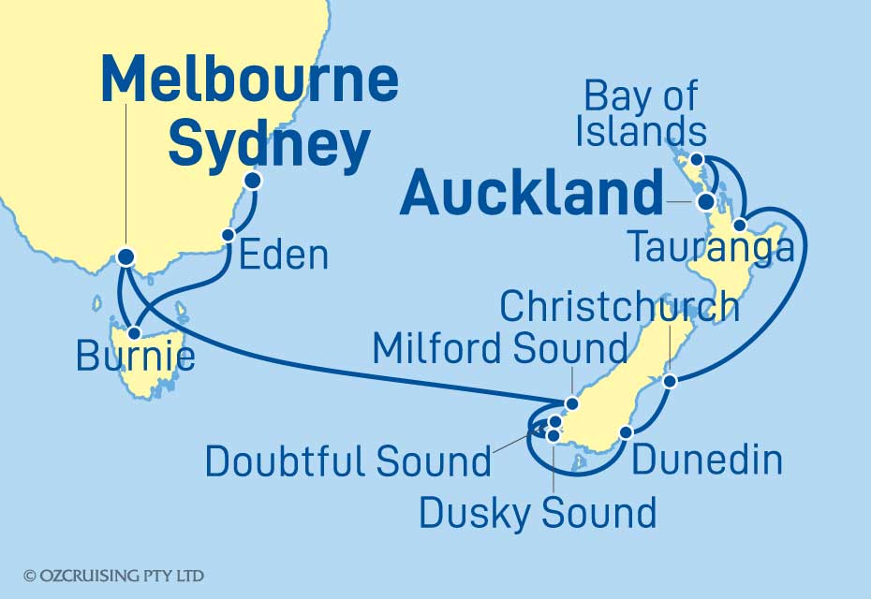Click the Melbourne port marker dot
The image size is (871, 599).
coord(125,256)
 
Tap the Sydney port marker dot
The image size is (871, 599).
coord(252,181)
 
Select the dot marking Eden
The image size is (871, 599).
coord(227,236)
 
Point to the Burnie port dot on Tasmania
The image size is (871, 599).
coord(137,332)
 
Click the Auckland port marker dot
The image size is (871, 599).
coord(705,201)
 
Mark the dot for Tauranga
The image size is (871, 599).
coord(740,225)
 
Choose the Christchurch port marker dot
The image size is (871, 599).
coord(669,381)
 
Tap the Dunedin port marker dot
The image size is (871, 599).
coord(627,432)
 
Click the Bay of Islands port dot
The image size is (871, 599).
coord(699,159)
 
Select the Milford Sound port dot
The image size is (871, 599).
coord(571,404)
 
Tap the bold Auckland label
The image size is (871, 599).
coord(532,195)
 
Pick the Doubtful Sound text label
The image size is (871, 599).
coord(348,461)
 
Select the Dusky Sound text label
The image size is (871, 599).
coord(538,512)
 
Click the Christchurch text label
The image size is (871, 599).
coord(621,307)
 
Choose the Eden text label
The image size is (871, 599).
coord(284,256)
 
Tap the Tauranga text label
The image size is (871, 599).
coord(712,249)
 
